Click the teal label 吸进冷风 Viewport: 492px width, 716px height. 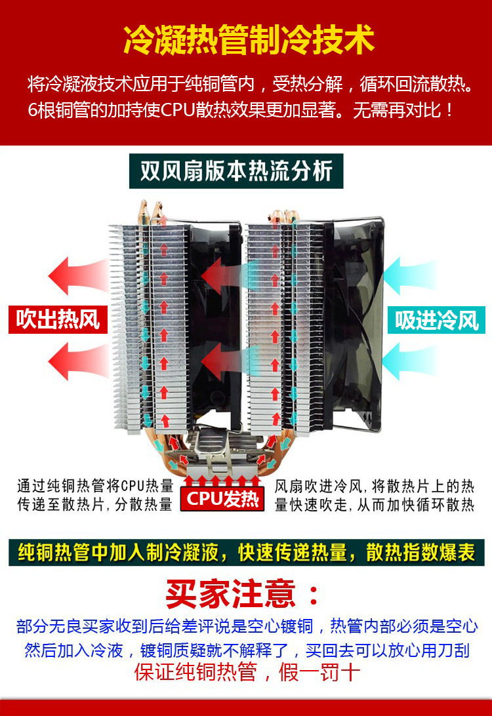(x=436, y=319)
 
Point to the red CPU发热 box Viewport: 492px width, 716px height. (x=222, y=499)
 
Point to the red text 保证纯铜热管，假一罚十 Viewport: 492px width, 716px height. (x=247, y=673)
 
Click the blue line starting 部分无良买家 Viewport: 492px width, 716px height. (x=247, y=626)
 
